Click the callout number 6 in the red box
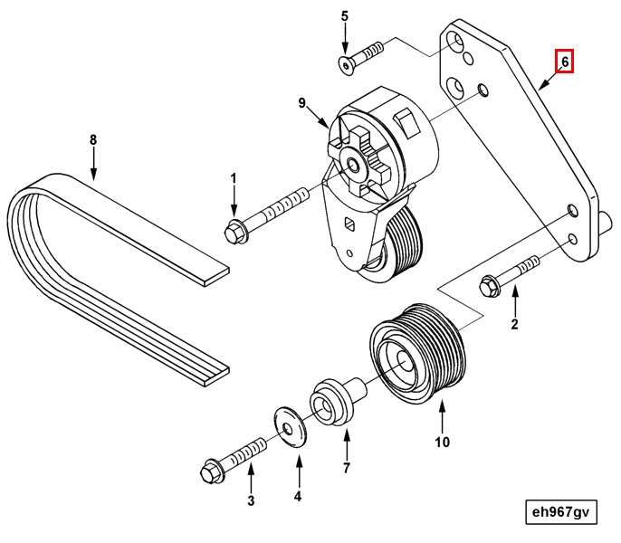[x=564, y=62]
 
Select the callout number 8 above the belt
[x=92, y=140]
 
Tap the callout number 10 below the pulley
[x=442, y=443]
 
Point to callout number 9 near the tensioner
[x=304, y=103]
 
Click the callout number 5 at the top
[x=344, y=16]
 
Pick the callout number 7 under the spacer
[x=346, y=468]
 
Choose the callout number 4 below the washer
[x=297, y=496]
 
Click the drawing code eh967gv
[x=560, y=512]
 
